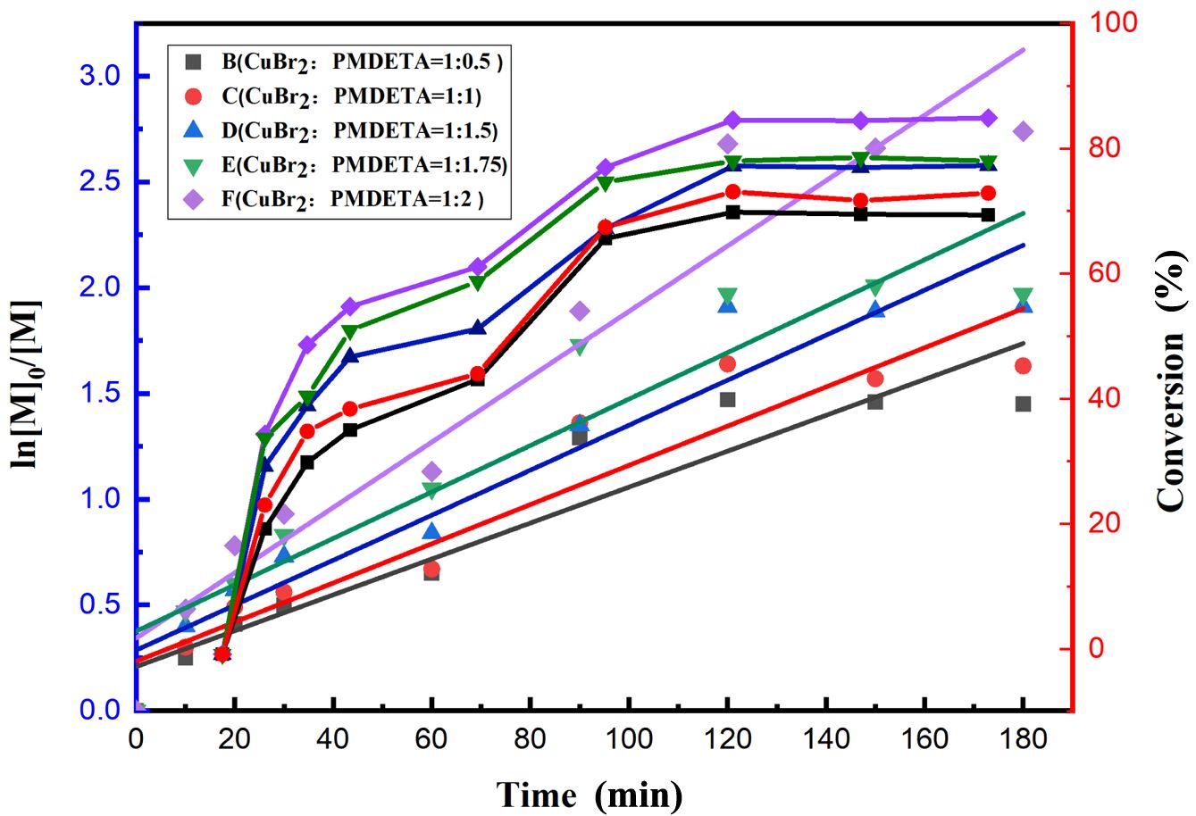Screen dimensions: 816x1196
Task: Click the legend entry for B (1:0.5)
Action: click(339, 62)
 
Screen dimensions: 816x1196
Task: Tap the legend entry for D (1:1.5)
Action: click(339, 130)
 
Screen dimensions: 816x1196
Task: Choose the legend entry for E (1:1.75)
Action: click(339, 164)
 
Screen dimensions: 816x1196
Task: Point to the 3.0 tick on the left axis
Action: click(104, 77)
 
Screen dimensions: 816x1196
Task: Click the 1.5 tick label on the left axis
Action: click(104, 394)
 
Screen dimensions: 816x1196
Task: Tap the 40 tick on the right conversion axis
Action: click(1108, 398)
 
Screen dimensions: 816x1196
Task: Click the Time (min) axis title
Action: click(590, 793)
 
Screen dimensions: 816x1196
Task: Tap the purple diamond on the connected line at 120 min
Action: click(732, 121)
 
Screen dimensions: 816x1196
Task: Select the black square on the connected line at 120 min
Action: click(732, 212)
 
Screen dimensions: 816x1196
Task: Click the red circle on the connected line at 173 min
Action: click(988, 193)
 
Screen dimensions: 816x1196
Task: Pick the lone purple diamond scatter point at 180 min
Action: click(1024, 132)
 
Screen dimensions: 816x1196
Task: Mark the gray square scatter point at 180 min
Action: click(1024, 404)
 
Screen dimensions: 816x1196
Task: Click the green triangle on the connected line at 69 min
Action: click(477, 283)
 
